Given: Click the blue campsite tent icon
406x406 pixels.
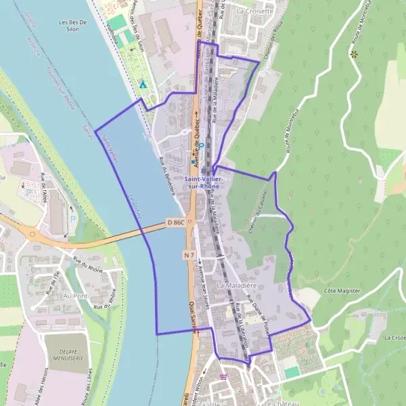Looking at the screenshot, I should (143, 85).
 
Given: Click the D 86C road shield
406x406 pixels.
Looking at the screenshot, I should (175, 222).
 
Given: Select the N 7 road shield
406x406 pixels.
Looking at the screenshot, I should (189, 254).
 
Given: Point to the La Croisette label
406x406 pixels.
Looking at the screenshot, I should (255, 11).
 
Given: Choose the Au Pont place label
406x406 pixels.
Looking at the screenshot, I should (76, 296).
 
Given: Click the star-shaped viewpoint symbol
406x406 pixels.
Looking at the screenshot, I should (353, 53).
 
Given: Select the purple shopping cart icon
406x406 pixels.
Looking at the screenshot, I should (223, 377).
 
